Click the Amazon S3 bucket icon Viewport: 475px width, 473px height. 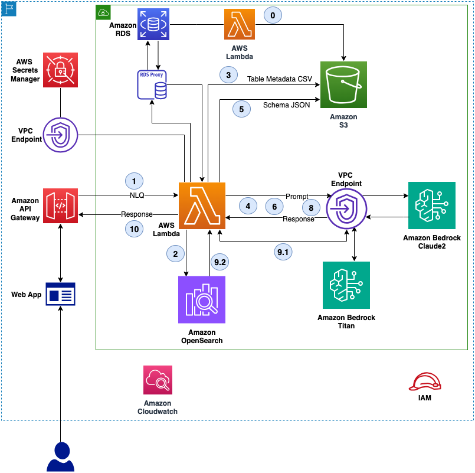pos(343,84)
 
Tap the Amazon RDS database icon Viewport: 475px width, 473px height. pos(153,24)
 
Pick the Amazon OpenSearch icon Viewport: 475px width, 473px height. pos(201,300)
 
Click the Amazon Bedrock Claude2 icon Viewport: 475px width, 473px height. pos(432,205)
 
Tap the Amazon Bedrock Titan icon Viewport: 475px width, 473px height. pos(346,285)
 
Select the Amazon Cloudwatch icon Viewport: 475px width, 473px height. pos(158,379)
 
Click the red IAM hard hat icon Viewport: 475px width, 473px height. pos(425,382)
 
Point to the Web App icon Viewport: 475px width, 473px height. pos(61,293)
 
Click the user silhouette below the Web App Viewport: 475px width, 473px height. pos(61,457)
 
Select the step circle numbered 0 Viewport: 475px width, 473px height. pos(272,14)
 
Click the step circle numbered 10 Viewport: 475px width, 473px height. pos(134,229)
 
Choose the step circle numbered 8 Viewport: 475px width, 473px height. pos(310,207)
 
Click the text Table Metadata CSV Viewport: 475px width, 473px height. pos(280,79)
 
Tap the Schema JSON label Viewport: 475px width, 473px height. pos(286,105)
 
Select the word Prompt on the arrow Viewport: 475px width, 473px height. pos(297,195)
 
